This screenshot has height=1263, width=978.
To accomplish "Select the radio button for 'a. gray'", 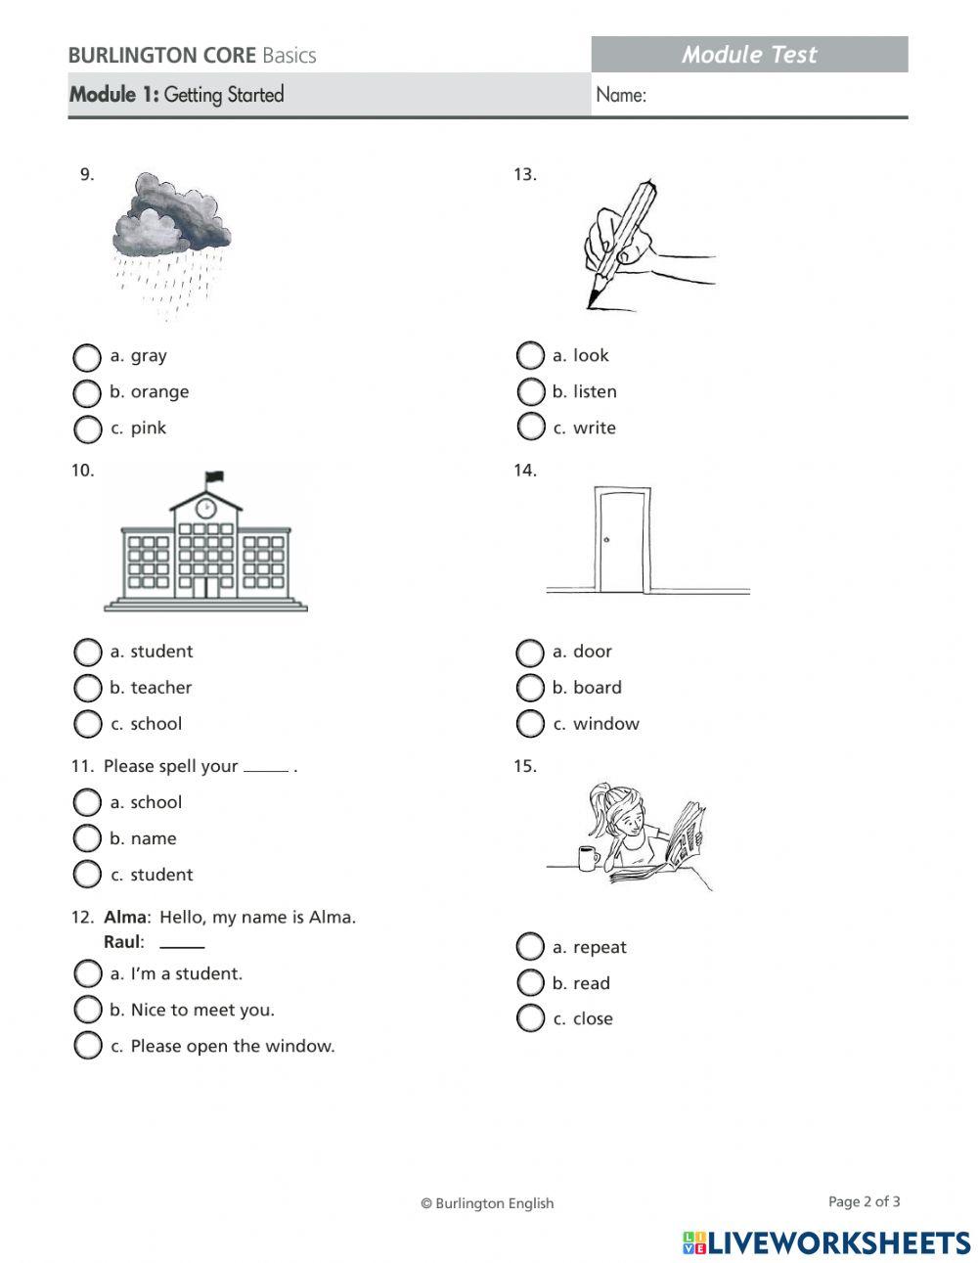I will [87, 357].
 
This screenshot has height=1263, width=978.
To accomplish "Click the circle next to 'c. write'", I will [530, 427].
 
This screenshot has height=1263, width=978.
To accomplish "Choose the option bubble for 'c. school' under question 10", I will [87, 724].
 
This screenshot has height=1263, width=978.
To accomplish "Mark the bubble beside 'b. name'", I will [87, 838].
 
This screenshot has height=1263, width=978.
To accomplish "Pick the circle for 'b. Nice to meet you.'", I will [87, 1010].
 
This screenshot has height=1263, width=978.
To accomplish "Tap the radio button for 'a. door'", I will [530, 653].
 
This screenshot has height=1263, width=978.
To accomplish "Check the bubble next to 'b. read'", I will [530, 982].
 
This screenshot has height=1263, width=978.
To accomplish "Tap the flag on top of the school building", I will [213, 477].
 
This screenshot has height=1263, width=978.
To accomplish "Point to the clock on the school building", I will [205, 508].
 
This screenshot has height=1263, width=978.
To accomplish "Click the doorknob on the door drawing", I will [607, 540].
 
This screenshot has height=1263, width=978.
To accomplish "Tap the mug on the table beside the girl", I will [588, 858].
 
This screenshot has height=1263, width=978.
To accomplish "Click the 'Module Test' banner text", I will [749, 55].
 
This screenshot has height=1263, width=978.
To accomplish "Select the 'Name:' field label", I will [621, 95].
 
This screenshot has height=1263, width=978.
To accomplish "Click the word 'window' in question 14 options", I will [605, 724].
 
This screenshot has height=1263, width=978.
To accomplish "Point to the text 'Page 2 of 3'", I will [864, 1201].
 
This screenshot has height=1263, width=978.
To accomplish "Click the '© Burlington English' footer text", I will [487, 1203].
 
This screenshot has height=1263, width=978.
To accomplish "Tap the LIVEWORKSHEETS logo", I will [826, 1242].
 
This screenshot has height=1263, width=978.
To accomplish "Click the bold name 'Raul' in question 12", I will [123, 942].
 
